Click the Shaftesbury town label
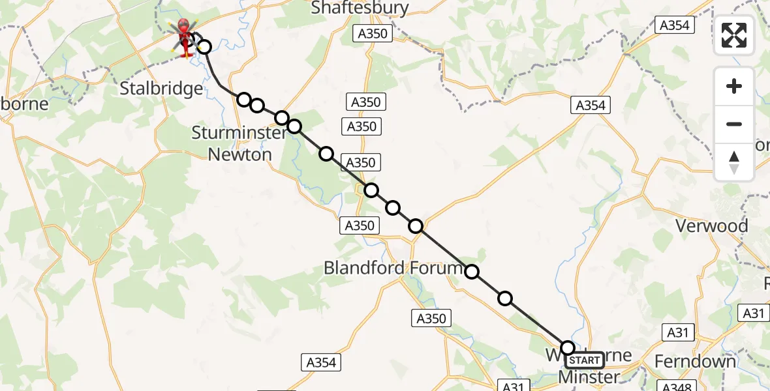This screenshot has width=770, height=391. click(x=360, y=8)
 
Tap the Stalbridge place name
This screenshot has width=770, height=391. click(x=161, y=89)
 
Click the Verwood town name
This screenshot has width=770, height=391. click(x=711, y=226)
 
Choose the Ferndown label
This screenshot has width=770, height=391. click(x=695, y=361)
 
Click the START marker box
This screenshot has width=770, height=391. click(x=585, y=360)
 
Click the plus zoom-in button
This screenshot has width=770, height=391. click(x=734, y=86)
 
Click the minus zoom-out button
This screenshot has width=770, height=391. click(x=734, y=124)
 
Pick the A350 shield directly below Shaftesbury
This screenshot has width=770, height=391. click(x=373, y=34)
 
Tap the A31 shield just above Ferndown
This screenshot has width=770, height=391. click(x=678, y=333)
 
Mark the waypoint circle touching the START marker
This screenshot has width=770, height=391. click(x=568, y=348)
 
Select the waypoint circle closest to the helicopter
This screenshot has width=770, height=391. click(x=204, y=47)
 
